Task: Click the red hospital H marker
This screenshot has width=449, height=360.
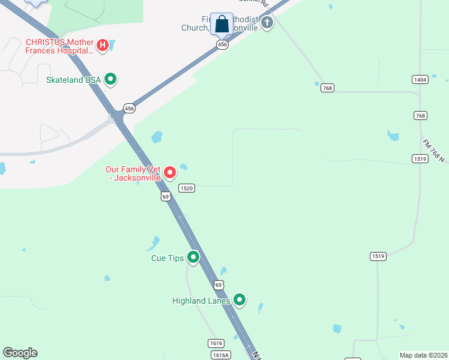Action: (103, 45)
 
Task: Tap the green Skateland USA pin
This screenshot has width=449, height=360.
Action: (110, 79)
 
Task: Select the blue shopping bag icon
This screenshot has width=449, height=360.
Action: (221, 25)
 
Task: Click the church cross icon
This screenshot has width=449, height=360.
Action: (267, 23)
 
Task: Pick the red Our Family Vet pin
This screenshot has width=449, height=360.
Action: (170, 173)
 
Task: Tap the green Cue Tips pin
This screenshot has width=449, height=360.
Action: (193, 257)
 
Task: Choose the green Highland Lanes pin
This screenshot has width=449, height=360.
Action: (240, 299)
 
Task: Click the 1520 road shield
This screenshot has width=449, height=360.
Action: (187, 188)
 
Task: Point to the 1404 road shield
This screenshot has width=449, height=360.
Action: (420, 80)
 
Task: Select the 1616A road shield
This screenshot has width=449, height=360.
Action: (221, 355)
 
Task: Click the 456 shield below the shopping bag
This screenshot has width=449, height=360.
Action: (222, 45)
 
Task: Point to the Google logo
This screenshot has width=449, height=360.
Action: (20, 353)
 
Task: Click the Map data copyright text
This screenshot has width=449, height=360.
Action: (424, 355)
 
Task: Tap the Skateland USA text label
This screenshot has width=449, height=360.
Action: (73, 80)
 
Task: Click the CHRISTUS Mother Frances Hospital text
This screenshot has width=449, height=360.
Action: (59, 46)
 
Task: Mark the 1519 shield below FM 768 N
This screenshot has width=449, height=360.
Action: (420, 158)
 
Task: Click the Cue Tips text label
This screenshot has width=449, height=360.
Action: (167, 259)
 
